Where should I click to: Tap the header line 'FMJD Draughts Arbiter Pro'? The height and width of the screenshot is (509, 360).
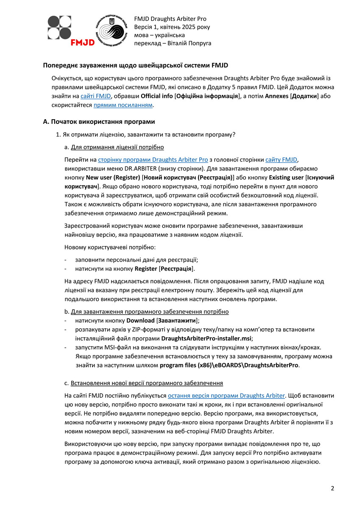[x=170, y=19]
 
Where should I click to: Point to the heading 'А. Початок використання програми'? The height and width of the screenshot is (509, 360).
[x=99, y=122]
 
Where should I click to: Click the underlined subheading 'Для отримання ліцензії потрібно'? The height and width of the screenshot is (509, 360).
[x=117, y=148]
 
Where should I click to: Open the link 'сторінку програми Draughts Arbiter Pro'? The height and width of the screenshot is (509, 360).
[x=153, y=160]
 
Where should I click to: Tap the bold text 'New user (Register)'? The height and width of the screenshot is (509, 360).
[x=113, y=178]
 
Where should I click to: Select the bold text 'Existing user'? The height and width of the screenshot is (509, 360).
[x=286, y=178]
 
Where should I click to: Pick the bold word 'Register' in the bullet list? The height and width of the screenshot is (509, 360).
[x=146, y=269]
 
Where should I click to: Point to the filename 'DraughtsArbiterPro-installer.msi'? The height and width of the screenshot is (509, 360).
[x=207, y=338]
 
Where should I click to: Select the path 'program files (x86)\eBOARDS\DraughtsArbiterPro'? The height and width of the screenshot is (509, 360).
[x=229, y=365]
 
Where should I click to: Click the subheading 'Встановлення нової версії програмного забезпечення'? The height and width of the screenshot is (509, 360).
[x=147, y=383]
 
